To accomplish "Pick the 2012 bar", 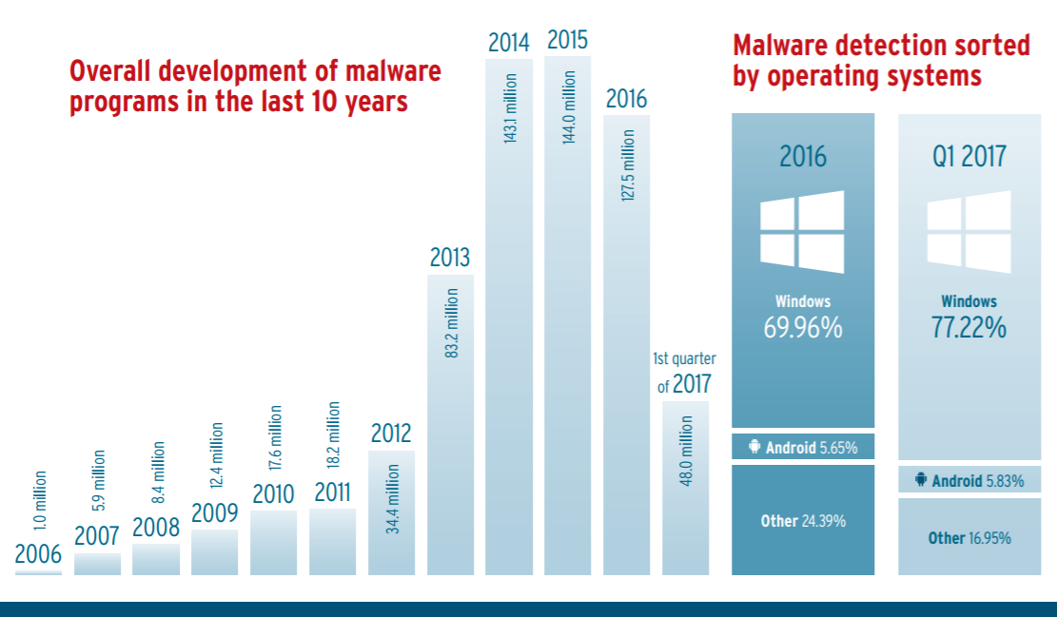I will point(392,513).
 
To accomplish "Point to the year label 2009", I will point(214,513).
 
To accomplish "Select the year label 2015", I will point(568,40).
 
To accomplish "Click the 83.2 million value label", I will point(452,323).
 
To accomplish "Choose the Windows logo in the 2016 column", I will point(802,231).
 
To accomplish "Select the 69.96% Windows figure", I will point(802,328).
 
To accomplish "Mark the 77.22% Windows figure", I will point(969,328).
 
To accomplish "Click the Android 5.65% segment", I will point(802,447).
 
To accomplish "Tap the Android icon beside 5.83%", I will point(920,481).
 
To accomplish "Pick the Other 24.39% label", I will point(802,521).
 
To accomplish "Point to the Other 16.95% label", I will point(969,538).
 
